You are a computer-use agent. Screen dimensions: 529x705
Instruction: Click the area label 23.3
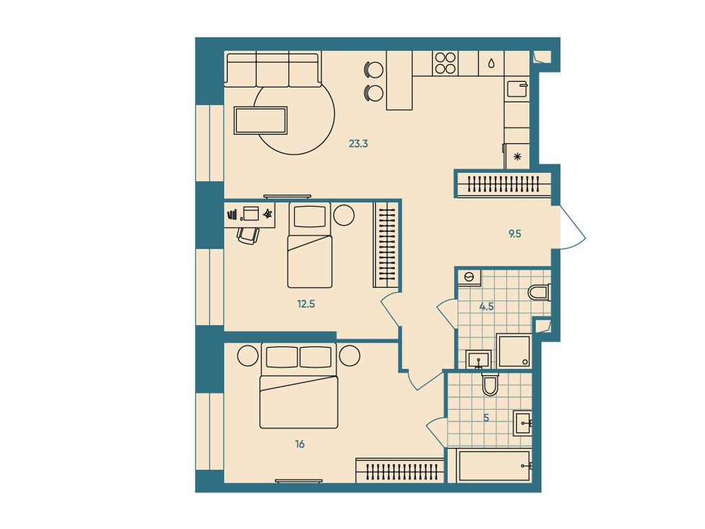point(358,144)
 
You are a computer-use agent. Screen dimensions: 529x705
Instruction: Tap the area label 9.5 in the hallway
point(514,234)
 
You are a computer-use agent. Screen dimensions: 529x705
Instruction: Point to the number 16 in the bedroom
point(300,444)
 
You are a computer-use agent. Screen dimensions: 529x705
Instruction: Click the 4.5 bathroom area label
point(487,307)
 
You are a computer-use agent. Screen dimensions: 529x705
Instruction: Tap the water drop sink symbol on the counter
point(491,63)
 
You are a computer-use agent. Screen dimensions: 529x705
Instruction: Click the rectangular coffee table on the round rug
point(260,121)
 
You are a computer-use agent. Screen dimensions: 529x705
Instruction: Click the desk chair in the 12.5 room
point(249,234)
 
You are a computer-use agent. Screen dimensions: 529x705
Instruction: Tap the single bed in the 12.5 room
point(310,246)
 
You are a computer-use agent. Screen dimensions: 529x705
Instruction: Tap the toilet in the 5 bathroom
point(490,384)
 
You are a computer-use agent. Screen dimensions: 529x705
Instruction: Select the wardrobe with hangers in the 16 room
point(399,471)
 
